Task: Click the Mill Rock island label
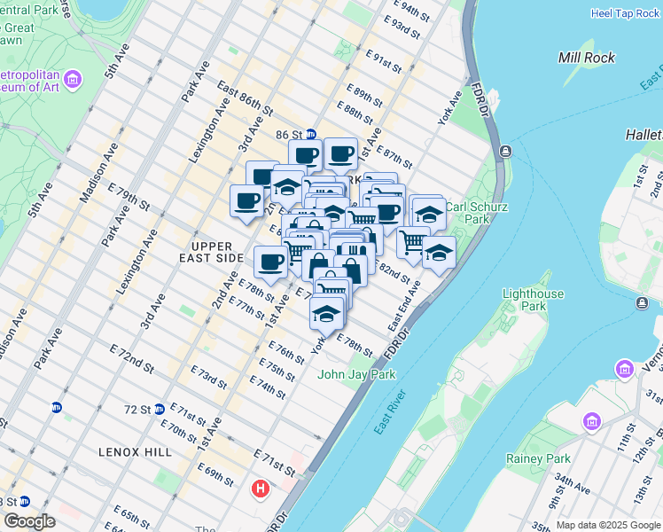(x=587, y=58)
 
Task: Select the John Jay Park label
(x=356, y=374)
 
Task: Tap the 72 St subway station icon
(x=159, y=409)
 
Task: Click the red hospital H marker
(x=261, y=489)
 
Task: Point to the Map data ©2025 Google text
(x=608, y=525)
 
